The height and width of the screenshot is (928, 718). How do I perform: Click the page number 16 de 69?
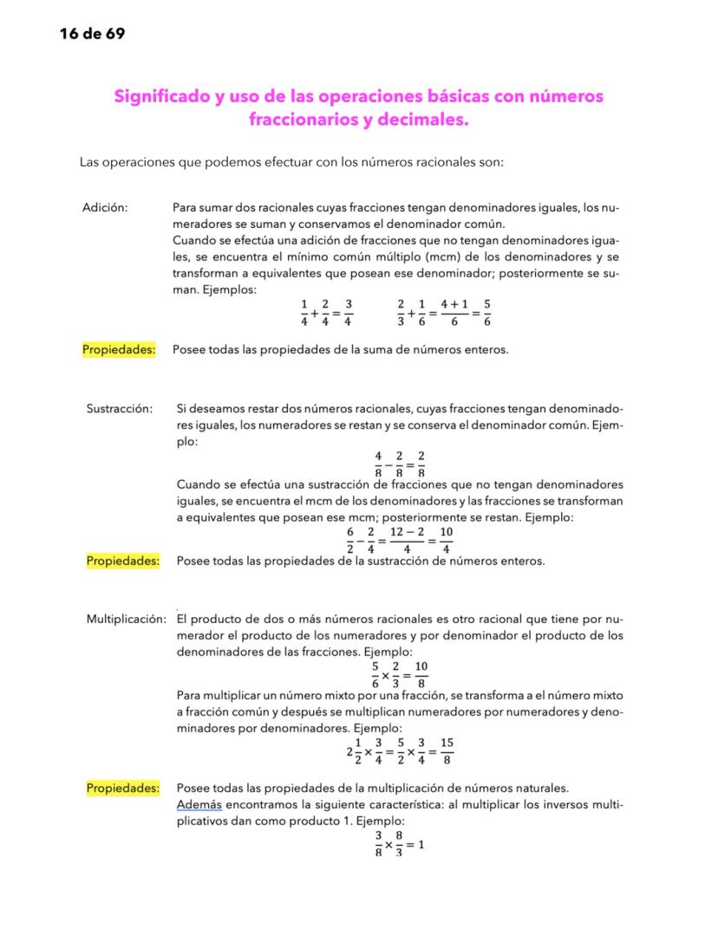[x=92, y=34]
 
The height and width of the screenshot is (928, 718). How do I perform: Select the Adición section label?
[x=106, y=207]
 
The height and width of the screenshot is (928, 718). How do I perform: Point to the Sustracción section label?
[x=120, y=407]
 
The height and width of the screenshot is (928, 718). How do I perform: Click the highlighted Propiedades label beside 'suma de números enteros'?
[x=119, y=350]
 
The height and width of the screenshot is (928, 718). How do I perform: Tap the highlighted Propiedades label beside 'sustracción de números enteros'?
[x=123, y=561]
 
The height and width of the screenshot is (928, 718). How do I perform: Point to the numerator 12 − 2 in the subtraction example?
[x=407, y=531]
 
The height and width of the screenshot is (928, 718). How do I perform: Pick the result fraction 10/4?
[x=446, y=539]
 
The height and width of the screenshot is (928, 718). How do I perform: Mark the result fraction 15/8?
[x=446, y=750]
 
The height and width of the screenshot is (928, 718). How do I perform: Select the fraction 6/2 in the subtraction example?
[x=349, y=539]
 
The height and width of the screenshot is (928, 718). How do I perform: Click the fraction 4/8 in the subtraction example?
[x=378, y=464]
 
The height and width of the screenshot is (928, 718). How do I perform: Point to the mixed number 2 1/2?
[x=354, y=750]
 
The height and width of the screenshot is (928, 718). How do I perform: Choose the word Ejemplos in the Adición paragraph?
[x=228, y=289]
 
